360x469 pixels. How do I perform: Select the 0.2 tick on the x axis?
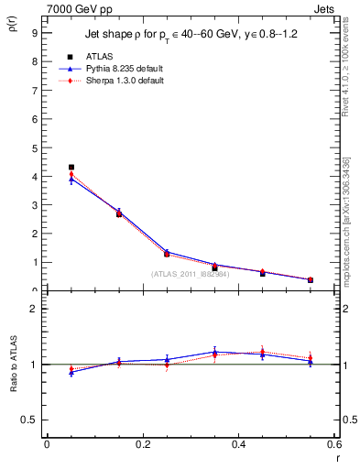point(142,444)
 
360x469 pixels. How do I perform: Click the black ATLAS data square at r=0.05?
point(71,168)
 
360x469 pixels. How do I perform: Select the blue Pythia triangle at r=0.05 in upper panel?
point(71,180)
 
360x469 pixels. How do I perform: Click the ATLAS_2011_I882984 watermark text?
point(190,273)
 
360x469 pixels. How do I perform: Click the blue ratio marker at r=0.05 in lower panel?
point(71,372)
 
